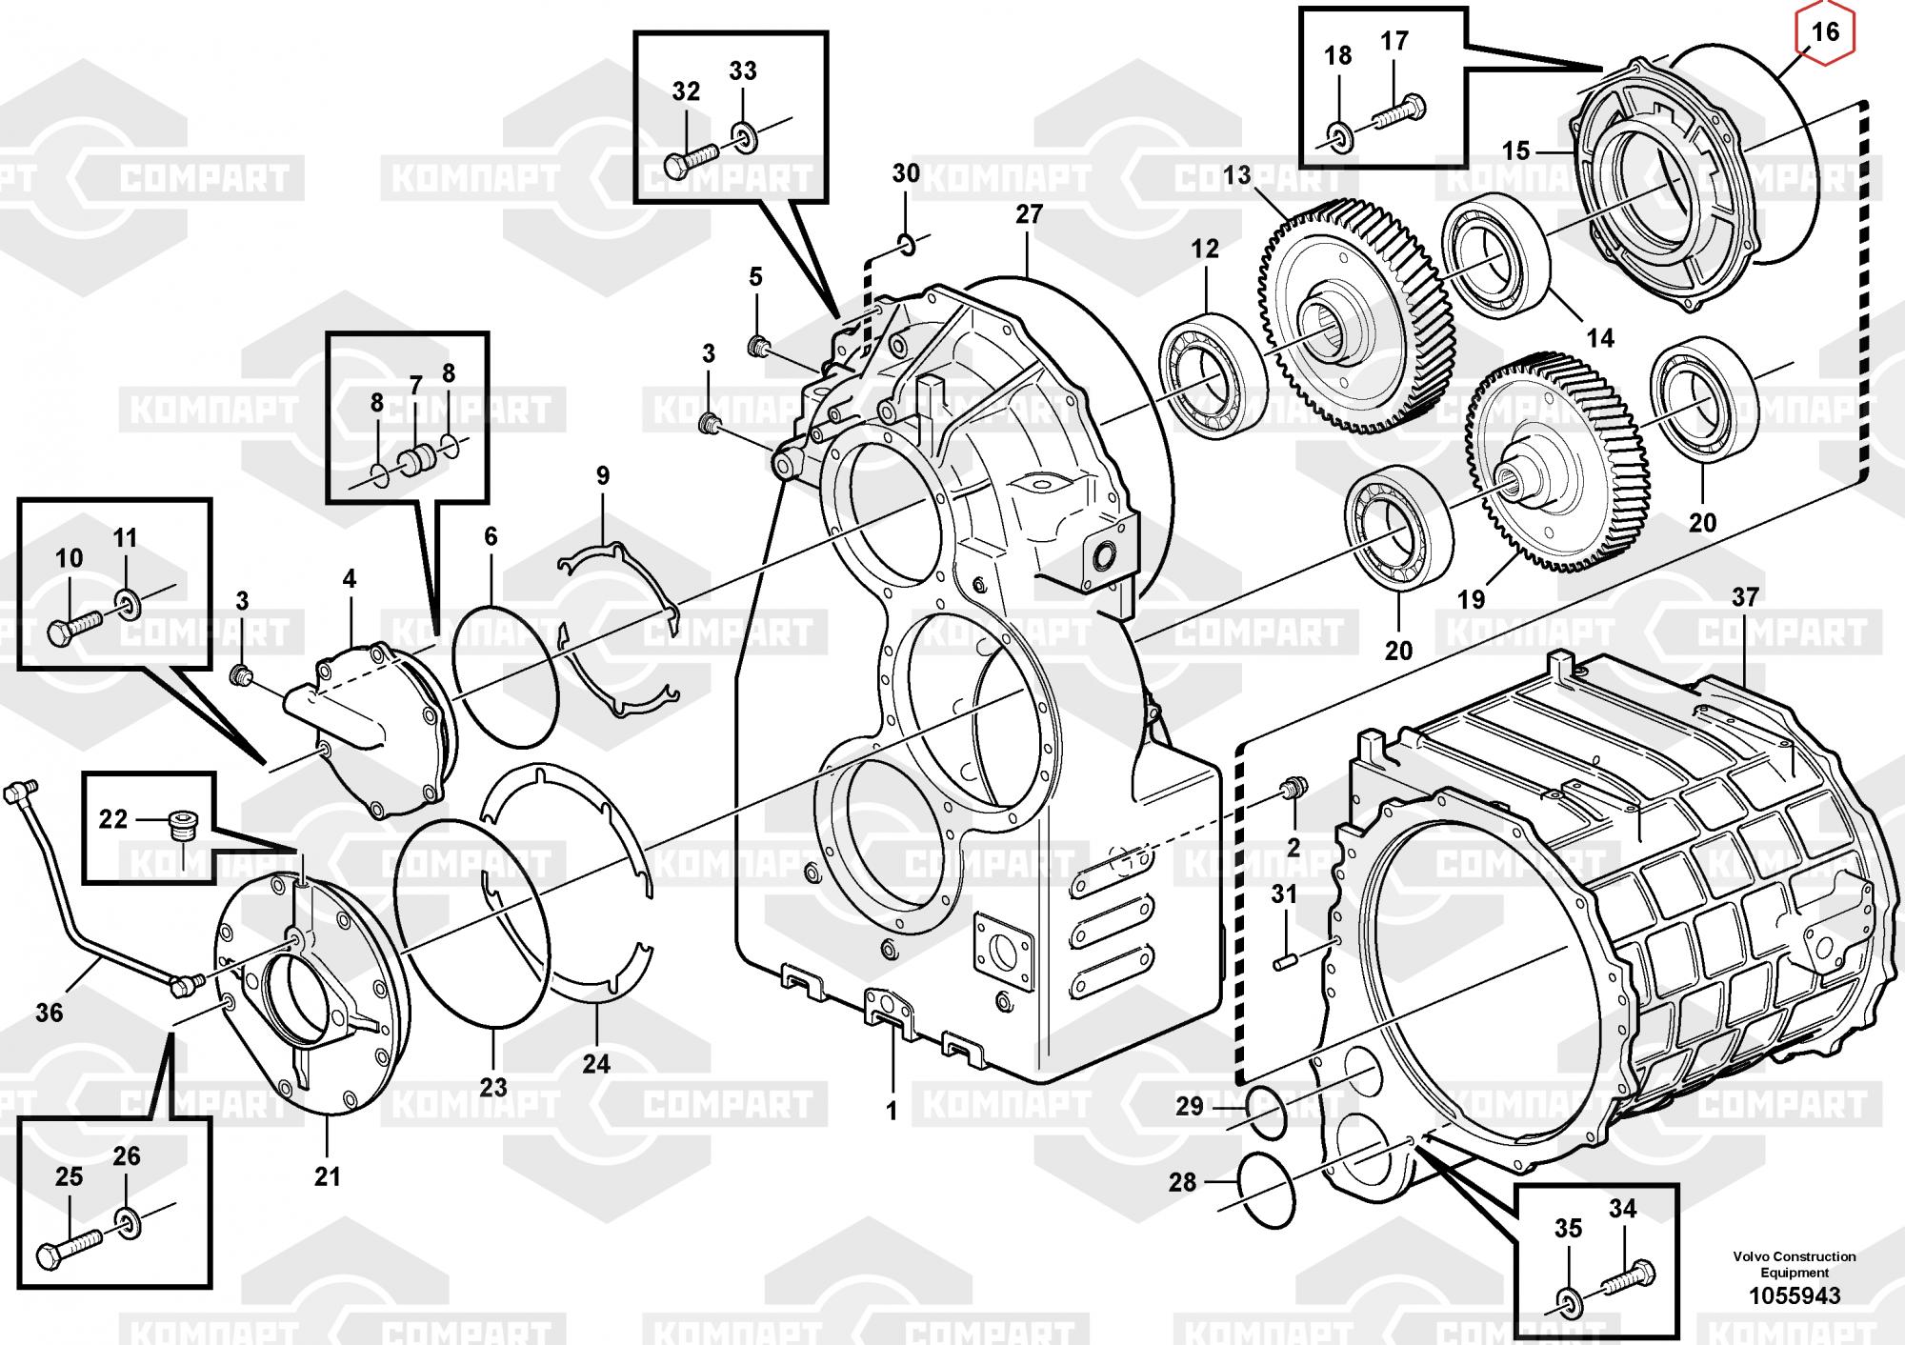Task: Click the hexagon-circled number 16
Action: click(1824, 32)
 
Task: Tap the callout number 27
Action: click(1029, 214)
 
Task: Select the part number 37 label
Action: click(1744, 597)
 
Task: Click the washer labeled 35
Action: click(1569, 1301)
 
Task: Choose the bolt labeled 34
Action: click(1628, 1276)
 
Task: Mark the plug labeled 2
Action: click(1293, 790)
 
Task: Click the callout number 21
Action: click(327, 1176)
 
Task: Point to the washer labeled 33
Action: click(744, 136)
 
